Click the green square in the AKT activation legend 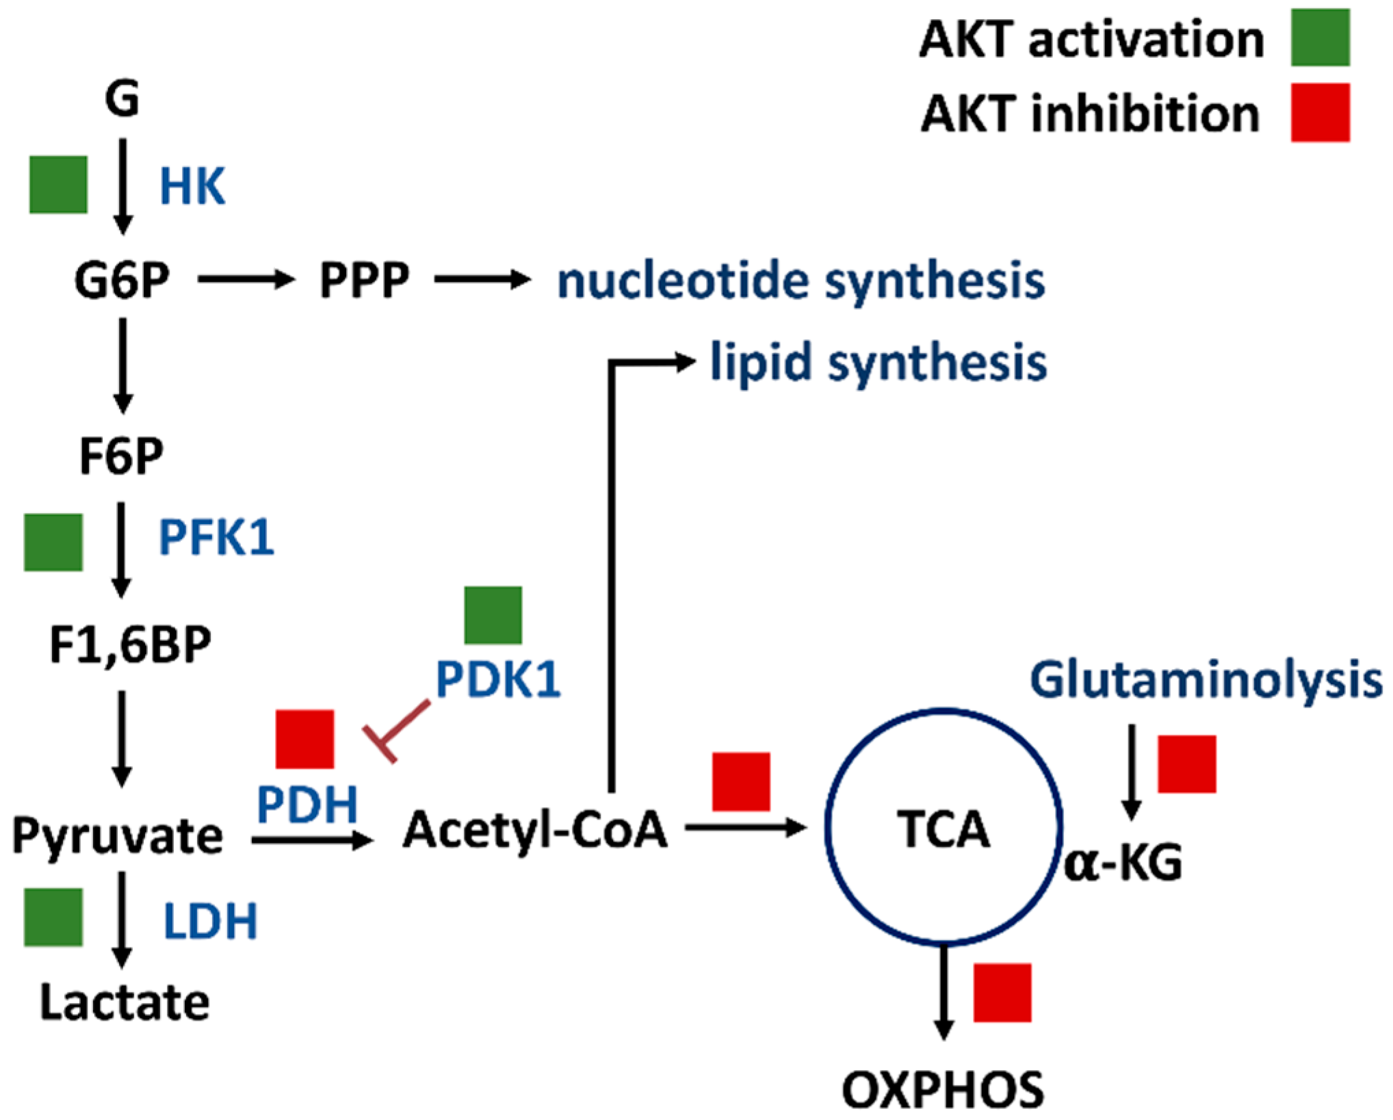tap(1320, 38)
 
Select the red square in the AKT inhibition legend tap(1320, 113)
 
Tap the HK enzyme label tap(192, 186)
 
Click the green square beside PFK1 tap(53, 542)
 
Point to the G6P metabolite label tap(122, 281)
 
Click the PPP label tap(364, 281)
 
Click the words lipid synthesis tap(878, 363)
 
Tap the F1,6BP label tap(130, 644)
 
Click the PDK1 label tap(498, 680)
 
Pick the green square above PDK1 tap(493, 614)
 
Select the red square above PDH tap(304, 739)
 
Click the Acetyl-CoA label tap(535, 830)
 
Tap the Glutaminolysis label tap(1206, 681)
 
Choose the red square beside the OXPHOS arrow tap(1002, 993)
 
